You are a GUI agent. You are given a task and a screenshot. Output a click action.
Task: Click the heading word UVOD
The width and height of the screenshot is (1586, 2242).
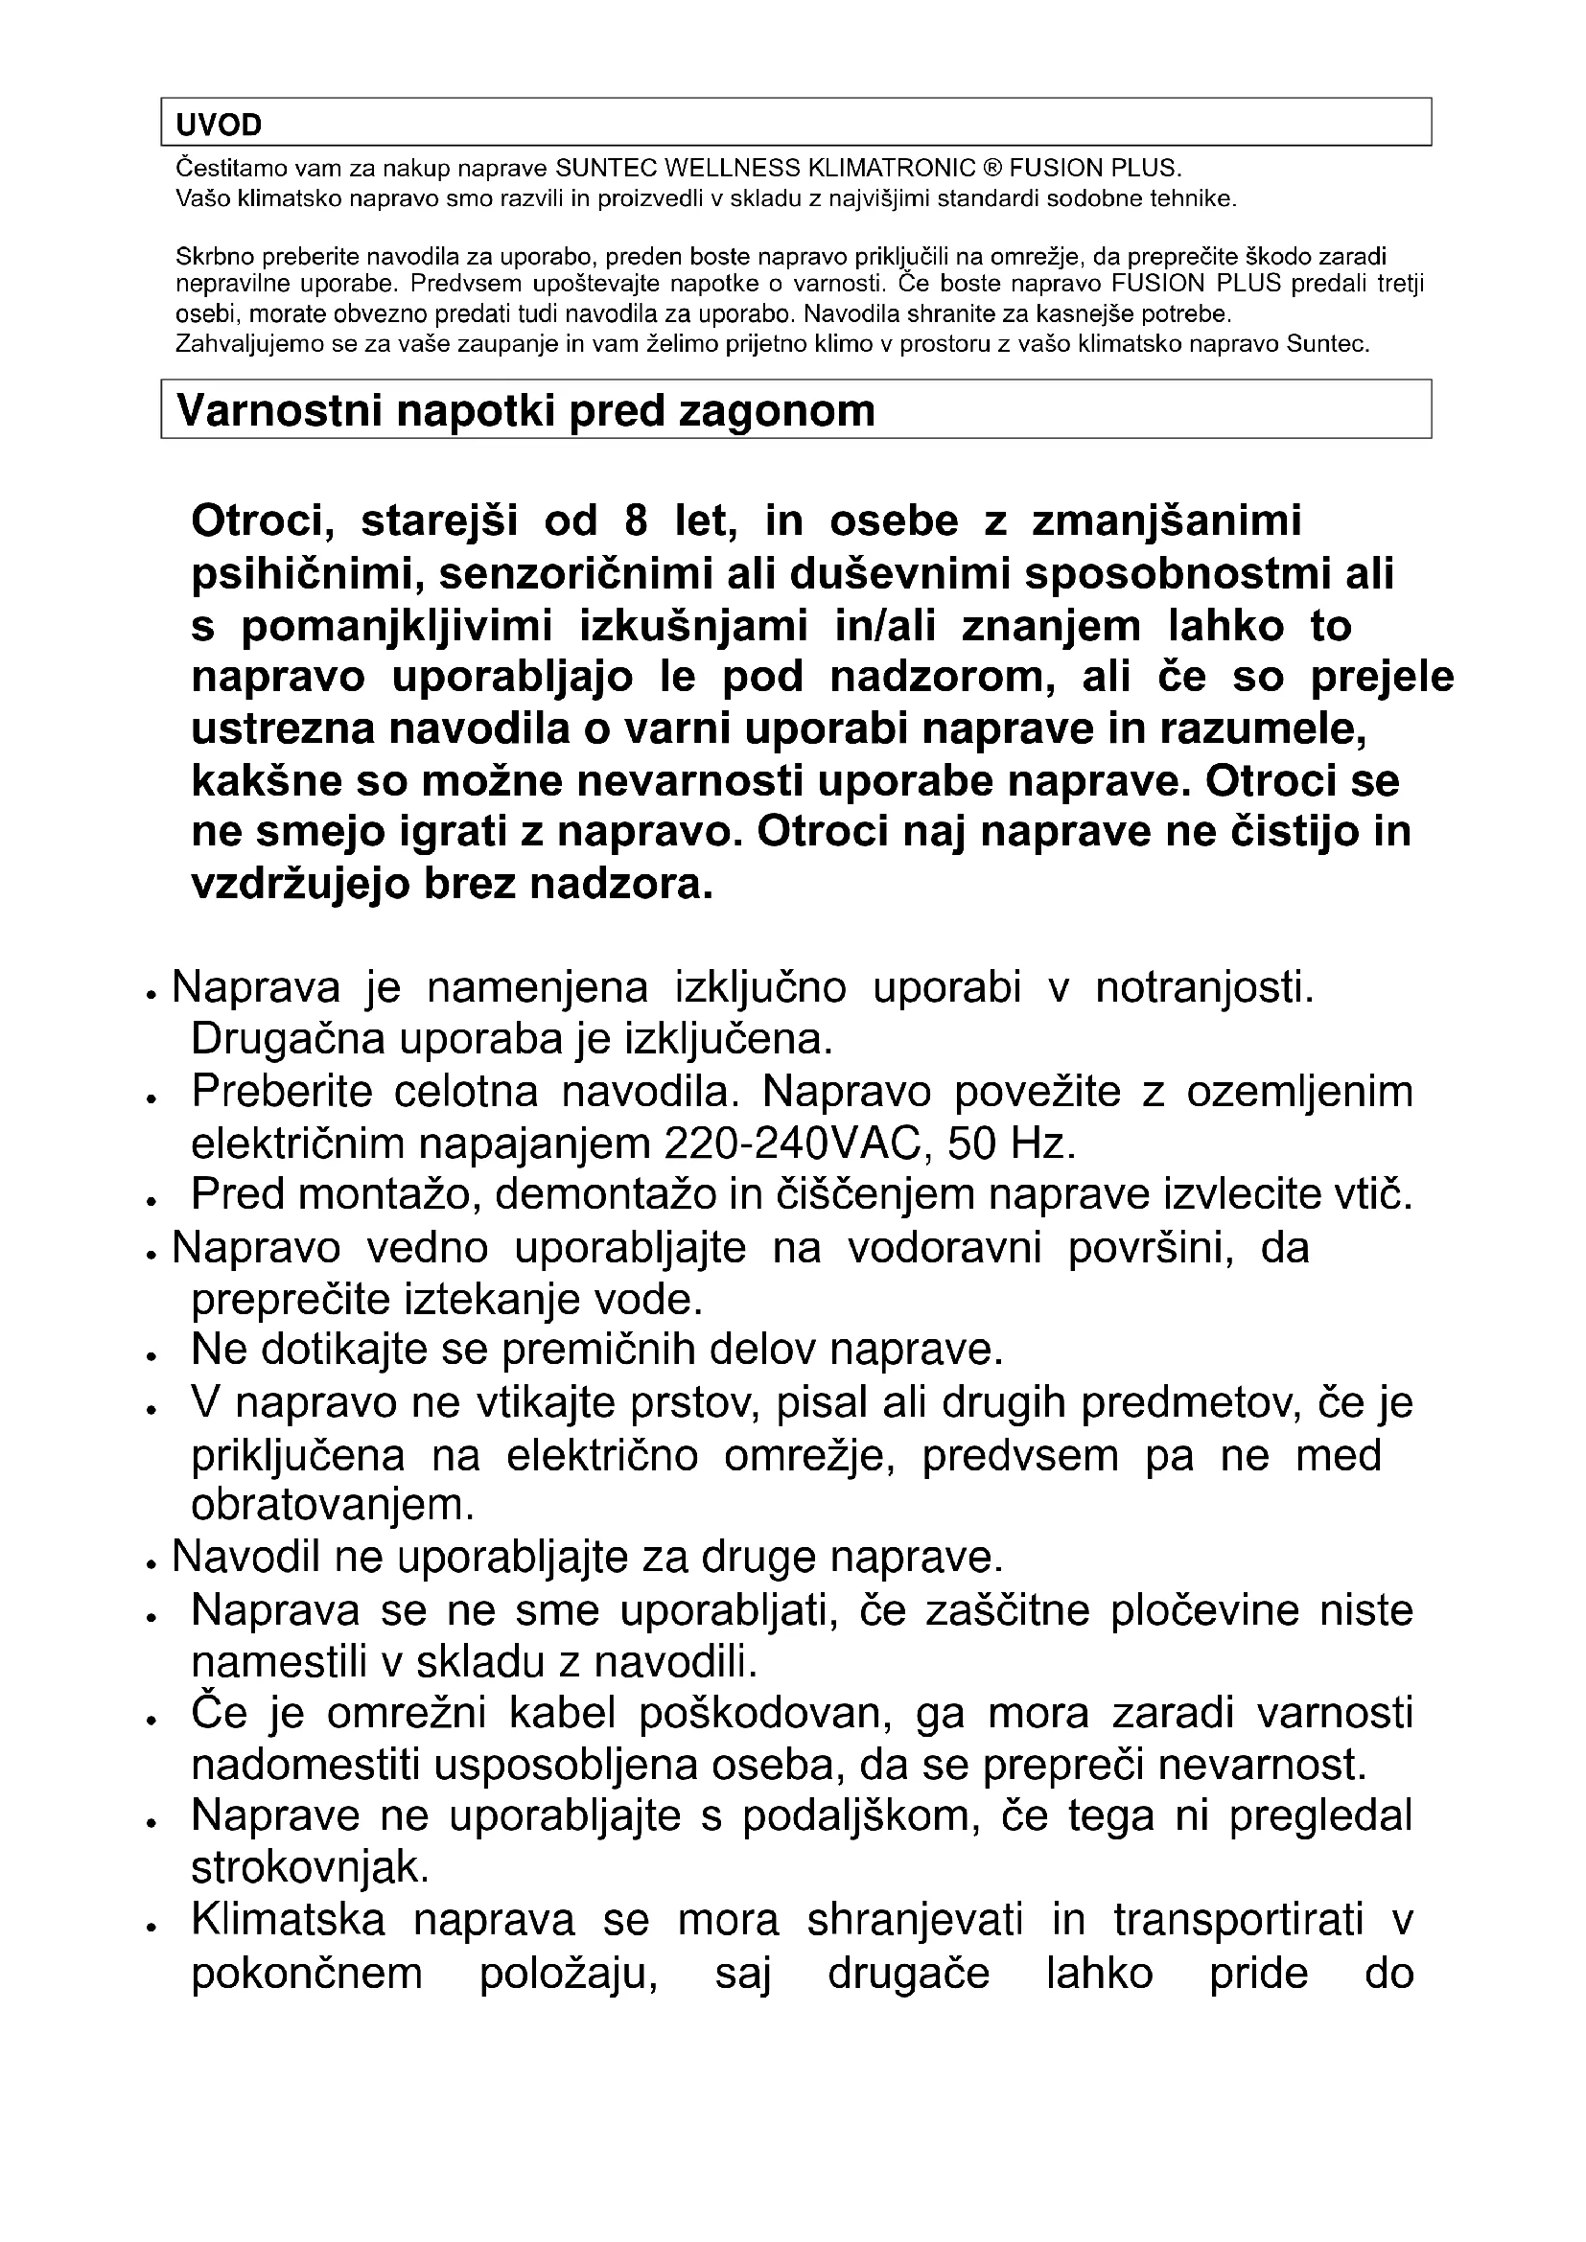click(x=219, y=125)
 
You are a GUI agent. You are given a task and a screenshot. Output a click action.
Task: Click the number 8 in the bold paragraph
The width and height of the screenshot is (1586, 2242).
click(x=635, y=520)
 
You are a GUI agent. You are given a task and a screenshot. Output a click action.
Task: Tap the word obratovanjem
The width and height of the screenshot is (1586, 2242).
click(x=332, y=1505)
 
